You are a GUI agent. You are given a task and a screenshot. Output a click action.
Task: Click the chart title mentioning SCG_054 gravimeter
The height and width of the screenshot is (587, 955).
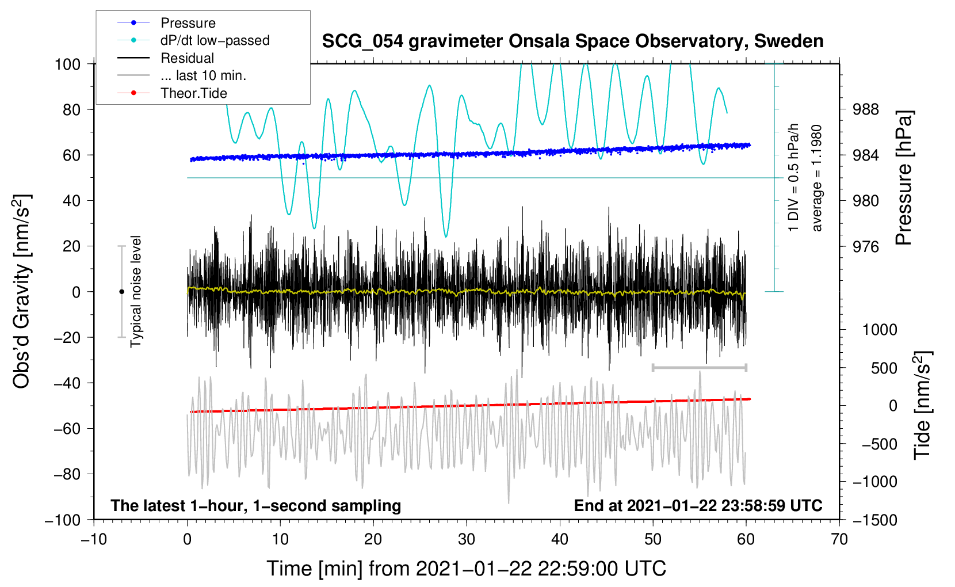[x=572, y=41]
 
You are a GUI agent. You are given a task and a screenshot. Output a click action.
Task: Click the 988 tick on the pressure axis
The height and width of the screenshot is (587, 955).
[x=865, y=110]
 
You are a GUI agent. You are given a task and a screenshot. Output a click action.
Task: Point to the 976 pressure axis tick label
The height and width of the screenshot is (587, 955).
[x=865, y=246]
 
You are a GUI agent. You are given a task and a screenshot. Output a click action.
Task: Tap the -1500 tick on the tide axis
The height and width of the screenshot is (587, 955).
[x=874, y=520]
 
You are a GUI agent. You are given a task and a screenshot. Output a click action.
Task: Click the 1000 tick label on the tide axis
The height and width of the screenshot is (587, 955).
[x=880, y=330]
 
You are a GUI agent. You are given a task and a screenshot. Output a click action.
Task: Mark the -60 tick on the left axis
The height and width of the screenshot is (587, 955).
[x=67, y=429]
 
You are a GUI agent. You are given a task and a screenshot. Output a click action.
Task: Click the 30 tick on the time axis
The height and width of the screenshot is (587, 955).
[x=467, y=540]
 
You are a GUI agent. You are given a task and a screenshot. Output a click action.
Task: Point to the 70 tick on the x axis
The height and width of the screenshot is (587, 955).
[x=839, y=540]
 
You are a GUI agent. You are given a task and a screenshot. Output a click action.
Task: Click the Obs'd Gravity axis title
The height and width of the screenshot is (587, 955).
[x=22, y=291]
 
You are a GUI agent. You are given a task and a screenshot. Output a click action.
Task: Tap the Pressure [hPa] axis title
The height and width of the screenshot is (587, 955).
[x=904, y=178]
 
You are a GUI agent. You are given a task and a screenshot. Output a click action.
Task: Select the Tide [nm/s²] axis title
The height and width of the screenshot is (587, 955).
[x=922, y=405]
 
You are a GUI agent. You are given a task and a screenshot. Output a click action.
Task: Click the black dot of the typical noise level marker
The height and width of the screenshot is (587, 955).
[x=121, y=292]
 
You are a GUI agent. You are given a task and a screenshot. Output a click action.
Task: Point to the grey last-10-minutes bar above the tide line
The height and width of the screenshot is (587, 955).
[x=699, y=367]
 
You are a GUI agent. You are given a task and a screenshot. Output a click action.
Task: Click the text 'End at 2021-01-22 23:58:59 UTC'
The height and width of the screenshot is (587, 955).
[x=698, y=505]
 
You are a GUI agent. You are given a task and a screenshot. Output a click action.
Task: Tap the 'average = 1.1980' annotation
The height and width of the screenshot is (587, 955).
[x=816, y=178]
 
